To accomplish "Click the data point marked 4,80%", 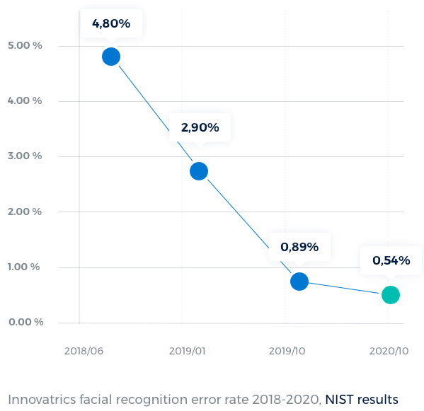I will click(111, 57).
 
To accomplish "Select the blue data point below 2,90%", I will click(199, 171).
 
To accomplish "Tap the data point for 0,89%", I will click(299, 282).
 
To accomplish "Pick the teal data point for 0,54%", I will click(391, 295).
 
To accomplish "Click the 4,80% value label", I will click(111, 23).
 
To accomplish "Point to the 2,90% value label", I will click(200, 128).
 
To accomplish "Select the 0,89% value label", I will click(299, 247).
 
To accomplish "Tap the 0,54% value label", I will click(391, 260).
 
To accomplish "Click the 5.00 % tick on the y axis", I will click(25, 45).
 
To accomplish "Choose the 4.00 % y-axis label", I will click(25, 100).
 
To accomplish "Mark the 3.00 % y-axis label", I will click(25, 156).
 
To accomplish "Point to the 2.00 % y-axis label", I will click(25, 212).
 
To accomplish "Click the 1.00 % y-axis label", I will click(25, 267).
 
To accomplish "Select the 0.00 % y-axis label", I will click(25, 322).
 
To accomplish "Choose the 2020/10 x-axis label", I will click(389, 351).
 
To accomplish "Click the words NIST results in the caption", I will click(362, 400).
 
